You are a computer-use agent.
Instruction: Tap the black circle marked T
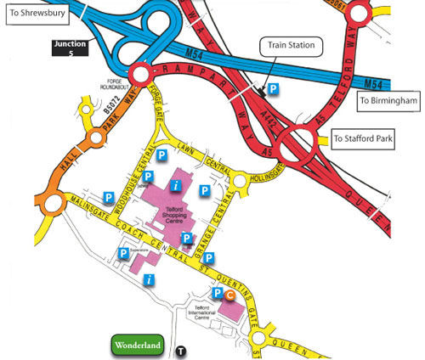click(x=180, y=351)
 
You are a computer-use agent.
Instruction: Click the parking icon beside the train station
click(x=273, y=88)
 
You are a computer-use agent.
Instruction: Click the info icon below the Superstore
click(x=150, y=279)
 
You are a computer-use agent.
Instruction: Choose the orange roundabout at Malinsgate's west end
click(x=54, y=203)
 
